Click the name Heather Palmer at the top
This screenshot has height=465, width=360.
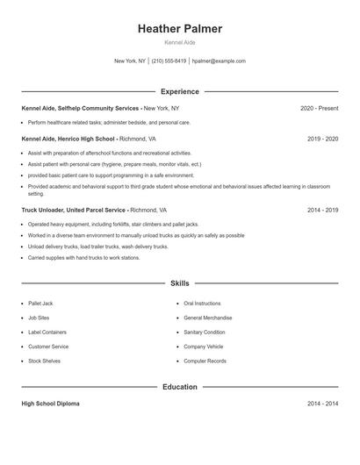click(x=180, y=29)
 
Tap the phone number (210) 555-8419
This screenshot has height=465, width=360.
click(x=169, y=61)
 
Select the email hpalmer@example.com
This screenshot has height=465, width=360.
click(x=219, y=61)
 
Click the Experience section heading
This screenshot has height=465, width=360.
click(x=180, y=91)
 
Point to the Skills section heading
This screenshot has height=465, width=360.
click(x=180, y=283)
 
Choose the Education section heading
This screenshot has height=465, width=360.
click(x=180, y=387)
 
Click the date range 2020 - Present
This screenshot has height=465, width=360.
click(x=319, y=108)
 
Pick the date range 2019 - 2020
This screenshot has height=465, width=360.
click(x=322, y=139)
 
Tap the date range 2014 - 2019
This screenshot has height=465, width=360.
click(x=322, y=211)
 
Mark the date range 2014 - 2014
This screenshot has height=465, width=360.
click(x=322, y=404)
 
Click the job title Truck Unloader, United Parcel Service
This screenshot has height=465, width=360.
click(x=74, y=211)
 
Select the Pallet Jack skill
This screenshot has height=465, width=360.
click(x=40, y=304)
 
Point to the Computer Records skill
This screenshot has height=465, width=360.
click(x=205, y=361)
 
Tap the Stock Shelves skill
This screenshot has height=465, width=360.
click(x=44, y=361)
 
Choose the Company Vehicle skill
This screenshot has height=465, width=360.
click(x=203, y=347)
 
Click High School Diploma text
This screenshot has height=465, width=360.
click(x=50, y=404)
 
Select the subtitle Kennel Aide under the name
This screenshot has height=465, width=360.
click(x=180, y=43)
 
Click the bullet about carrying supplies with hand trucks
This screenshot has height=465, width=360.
click(x=83, y=258)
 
